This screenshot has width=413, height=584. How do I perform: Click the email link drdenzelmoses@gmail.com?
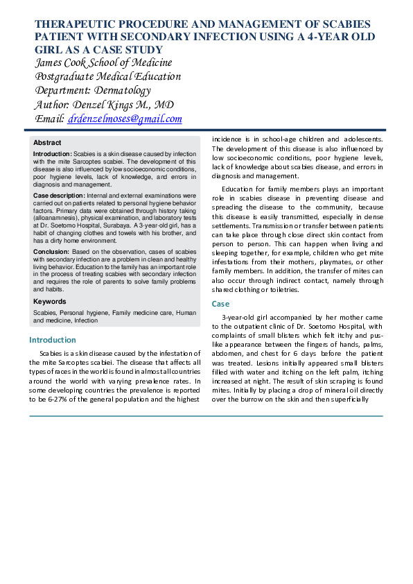pos(125,119)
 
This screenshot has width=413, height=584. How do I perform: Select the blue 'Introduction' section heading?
pos(53,340)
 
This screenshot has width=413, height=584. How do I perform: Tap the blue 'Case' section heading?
pos(220,304)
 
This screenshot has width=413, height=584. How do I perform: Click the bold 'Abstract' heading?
pos(47,142)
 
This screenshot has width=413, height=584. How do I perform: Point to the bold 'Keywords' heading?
pos(50,302)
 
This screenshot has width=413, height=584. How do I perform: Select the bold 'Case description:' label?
pos(62,196)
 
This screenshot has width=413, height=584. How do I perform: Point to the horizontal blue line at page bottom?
pos(206,416)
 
